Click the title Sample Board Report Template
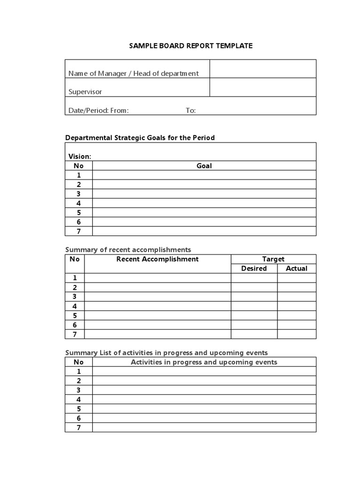[x=191, y=45]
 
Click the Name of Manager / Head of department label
[x=134, y=73]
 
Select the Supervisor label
[x=85, y=92]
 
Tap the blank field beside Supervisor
[x=262, y=87]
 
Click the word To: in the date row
[x=191, y=111]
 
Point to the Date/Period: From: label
[x=98, y=111]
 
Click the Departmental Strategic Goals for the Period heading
[x=140, y=137]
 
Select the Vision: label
[x=80, y=156]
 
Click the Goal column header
[x=204, y=165]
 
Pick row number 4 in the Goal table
[x=79, y=203]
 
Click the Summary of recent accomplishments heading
[x=128, y=249]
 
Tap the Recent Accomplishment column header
[x=157, y=259]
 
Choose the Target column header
[x=273, y=259]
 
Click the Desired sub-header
[x=254, y=269]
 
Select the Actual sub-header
[x=297, y=269]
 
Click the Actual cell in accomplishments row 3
[x=297, y=297]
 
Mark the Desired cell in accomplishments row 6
[x=254, y=325]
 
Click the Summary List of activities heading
[x=166, y=352]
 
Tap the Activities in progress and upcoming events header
[x=204, y=362]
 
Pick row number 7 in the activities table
[x=79, y=427]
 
